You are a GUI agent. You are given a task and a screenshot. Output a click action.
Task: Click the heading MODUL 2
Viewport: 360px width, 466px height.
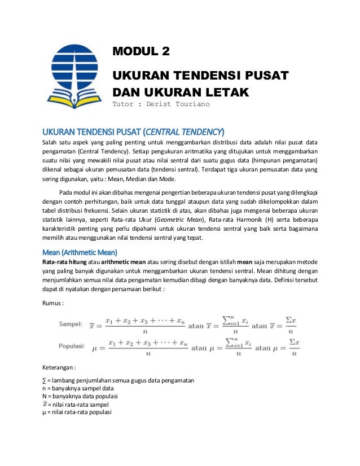pos(141,53)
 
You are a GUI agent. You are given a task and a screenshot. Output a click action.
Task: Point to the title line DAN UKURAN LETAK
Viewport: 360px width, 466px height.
pos(181,91)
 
